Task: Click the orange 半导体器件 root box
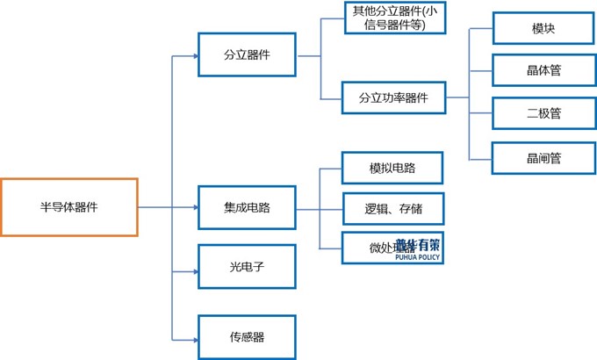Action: point(69,207)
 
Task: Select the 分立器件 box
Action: point(247,55)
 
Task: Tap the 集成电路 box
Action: point(247,208)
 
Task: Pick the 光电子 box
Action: point(247,267)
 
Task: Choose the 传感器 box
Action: point(247,336)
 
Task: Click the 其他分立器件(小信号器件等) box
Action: point(394,18)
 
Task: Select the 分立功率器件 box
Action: point(394,97)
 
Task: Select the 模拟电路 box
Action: point(392,168)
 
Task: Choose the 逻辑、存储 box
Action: point(392,208)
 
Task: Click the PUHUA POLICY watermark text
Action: point(418,258)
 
